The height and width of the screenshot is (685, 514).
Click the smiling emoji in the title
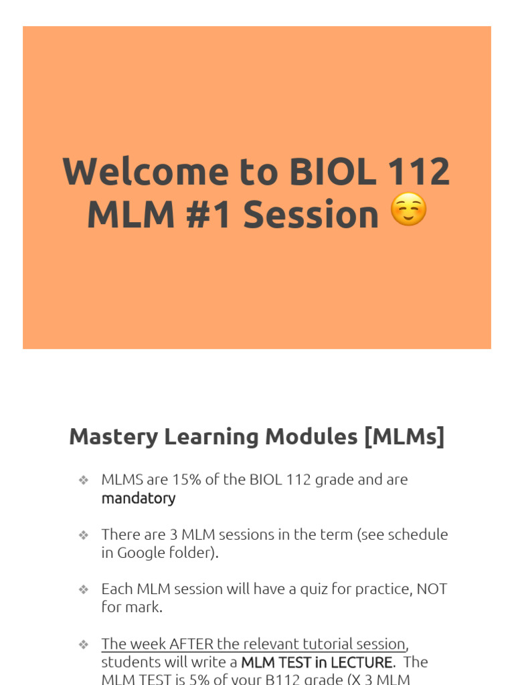tap(408, 210)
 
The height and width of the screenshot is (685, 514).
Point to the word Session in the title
tap(311, 215)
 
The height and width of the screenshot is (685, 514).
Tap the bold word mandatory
tap(139, 498)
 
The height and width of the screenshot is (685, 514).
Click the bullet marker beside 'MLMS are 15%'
tap(83, 480)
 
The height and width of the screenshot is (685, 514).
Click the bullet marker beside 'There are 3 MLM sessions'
tap(83, 535)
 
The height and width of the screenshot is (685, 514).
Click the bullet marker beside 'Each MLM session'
tap(83, 590)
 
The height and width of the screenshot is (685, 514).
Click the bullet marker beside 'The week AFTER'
tap(83, 645)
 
